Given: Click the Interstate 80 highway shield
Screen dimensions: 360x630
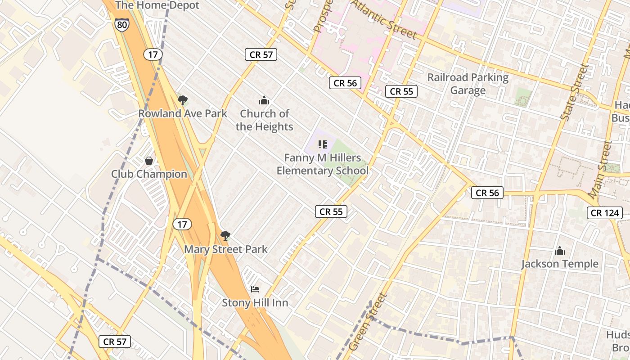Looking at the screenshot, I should point(121,24).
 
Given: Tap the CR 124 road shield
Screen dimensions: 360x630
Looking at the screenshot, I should point(605,213).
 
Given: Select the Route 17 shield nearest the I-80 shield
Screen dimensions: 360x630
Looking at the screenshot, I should point(153,54).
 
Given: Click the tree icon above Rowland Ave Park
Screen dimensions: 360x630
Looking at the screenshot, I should point(182,100).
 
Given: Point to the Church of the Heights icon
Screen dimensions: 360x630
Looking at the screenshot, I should point(264,100).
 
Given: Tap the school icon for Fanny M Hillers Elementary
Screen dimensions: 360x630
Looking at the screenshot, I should point(322,144).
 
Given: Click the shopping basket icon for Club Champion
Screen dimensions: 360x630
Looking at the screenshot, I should point(149,161).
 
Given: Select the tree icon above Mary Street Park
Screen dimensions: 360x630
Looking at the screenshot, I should point(225,235).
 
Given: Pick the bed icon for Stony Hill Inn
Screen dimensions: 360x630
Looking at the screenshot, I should point(255,289).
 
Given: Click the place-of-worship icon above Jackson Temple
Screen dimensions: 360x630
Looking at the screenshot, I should point(560,251).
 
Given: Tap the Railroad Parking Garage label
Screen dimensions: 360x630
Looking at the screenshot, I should point(468,84).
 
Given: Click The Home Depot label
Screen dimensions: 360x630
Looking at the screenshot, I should point(157,5).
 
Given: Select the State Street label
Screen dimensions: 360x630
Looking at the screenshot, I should point(575,92).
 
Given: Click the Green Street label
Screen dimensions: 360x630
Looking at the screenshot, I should point(368,322).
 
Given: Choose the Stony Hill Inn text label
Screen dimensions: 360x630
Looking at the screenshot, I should point(255,303).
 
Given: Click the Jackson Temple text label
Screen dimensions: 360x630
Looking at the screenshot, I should point(560,264).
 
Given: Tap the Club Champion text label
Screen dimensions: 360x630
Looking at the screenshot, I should point(149,174).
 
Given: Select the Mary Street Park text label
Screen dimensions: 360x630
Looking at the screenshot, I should point(225,249).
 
